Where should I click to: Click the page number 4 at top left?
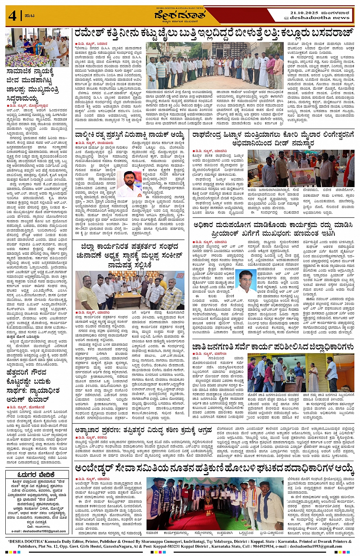12,16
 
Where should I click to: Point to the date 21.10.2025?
304,13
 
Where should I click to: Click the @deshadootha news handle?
317,18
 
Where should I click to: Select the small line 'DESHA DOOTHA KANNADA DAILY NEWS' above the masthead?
180,8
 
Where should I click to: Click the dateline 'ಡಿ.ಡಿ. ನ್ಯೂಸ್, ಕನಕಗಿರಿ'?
92,437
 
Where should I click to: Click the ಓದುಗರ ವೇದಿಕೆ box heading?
37,475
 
